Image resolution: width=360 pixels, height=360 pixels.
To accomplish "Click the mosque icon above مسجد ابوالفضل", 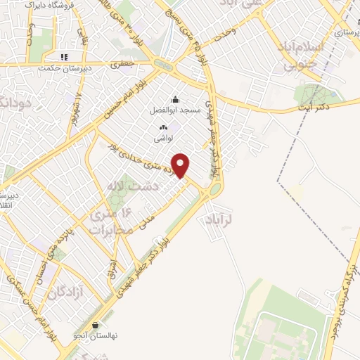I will click(176, 99).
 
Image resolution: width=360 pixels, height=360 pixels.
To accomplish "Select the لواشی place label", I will click(165, 138).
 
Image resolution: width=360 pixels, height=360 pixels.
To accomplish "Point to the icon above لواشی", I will click(164, 127).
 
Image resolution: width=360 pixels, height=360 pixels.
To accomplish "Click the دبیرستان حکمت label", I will click(64, 68).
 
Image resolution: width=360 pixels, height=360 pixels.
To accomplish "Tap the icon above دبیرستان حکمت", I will click(64, 57).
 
